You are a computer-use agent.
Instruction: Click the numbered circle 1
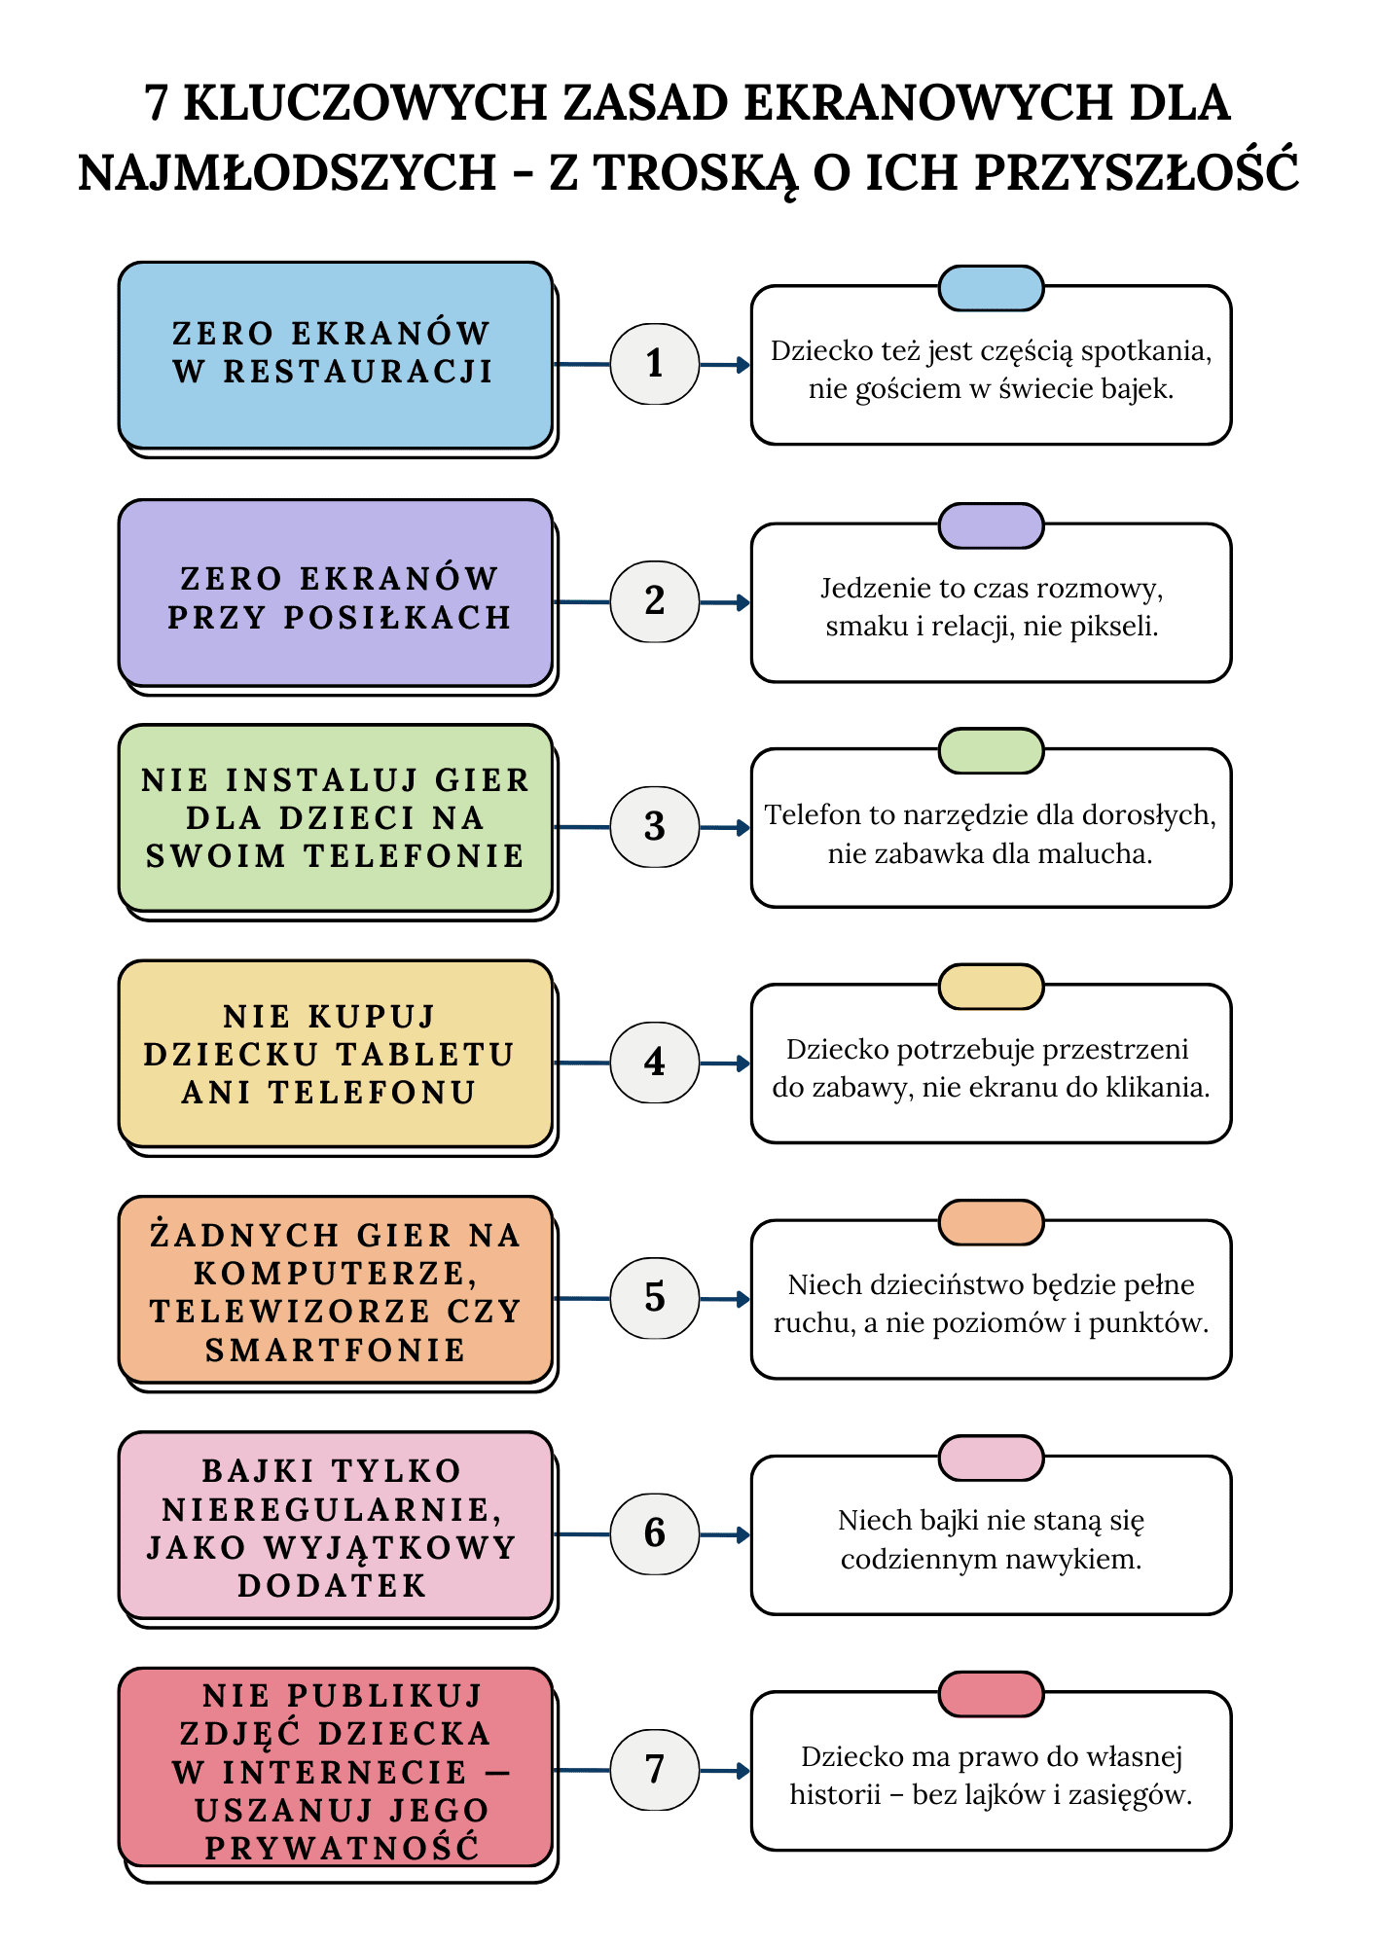[654, 364]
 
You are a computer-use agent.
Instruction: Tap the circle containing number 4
[654, 1063]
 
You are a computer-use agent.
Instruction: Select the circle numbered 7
[654, 1769]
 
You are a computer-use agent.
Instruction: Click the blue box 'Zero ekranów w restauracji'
[335, 354]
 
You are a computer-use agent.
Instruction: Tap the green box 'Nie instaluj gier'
[335, 817]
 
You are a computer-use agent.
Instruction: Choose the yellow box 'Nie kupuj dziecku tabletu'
[335, 1053]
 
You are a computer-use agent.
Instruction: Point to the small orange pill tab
[991, 1222]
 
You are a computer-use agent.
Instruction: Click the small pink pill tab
[991, 1458]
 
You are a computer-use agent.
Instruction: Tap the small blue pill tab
[991, 288]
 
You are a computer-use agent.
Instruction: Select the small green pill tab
[991, 750]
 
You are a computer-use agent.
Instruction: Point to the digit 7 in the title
[157, 102]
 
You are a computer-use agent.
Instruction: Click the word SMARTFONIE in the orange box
[335, 1351]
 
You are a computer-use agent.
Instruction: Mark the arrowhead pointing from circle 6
[743, 1534]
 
